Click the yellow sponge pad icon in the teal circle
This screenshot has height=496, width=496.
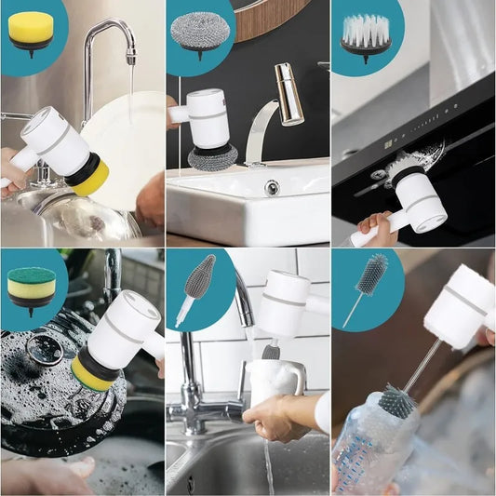pos(31,29)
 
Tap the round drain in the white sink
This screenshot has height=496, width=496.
pos(271,187)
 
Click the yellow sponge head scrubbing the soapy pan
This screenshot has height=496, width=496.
pos(92,373)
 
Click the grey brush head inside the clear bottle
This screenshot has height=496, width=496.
pos(396,401)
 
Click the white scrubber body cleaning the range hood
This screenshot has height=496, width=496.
pos(420,201)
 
